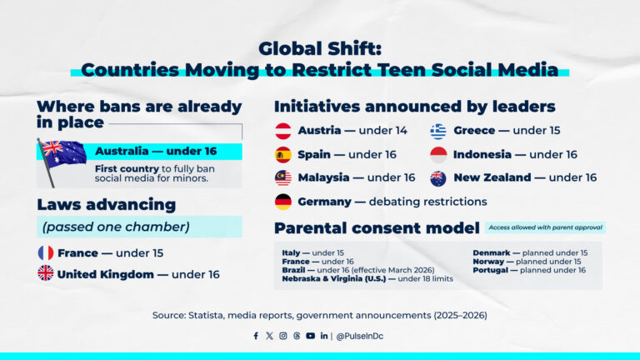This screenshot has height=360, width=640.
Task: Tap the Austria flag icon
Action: [283, 131]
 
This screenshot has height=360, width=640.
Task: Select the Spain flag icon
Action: [283, 154]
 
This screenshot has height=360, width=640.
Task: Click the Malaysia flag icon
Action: [283, 177]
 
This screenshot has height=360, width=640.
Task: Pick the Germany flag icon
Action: [283, 202]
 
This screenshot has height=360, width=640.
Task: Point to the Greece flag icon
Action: [438, 131]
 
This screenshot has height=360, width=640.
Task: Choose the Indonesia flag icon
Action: [438, 154]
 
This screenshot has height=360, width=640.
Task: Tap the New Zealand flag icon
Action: [438, 177]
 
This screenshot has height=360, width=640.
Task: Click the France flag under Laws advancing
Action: [46, 252]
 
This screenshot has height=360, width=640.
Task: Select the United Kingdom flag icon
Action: [46, 273]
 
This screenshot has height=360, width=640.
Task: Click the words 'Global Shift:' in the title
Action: [319, 48]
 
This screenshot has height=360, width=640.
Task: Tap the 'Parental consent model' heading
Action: [377, 228]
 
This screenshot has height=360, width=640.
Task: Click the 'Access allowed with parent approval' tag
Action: [545, 227]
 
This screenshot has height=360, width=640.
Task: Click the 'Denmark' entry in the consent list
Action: [492, 252]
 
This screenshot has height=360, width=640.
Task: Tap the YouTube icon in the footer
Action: [310, 336]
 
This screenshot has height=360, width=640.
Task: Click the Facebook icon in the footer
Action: [256, 336]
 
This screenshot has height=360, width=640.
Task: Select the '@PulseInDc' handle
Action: [360, 336]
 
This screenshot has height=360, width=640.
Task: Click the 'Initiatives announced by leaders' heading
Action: [414, 107]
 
